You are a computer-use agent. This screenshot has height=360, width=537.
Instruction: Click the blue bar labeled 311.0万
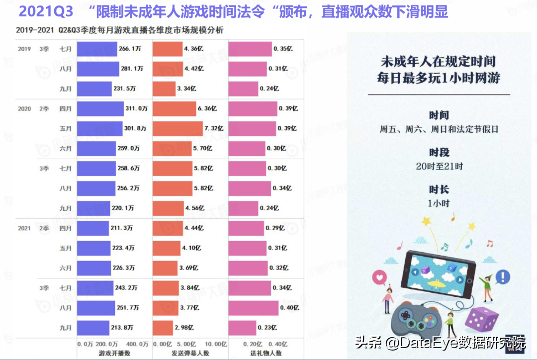coord(100,108)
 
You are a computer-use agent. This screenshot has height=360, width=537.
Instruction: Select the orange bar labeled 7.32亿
coord(178,128)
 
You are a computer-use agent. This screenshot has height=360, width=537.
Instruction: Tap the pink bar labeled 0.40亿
coord(254,308)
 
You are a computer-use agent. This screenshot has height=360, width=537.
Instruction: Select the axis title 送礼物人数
coord(266,353)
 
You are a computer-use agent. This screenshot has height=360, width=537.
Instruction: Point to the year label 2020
coord(24,108)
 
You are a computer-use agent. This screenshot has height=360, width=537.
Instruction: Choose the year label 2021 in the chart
coord(24,228)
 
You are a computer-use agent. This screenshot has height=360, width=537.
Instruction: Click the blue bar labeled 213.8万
coord(92,328)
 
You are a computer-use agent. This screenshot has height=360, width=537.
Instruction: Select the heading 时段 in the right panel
coord(439,152)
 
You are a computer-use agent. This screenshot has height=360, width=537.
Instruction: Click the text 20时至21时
coord(439,166)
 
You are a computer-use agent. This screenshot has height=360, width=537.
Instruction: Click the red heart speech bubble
coord(380,276)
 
